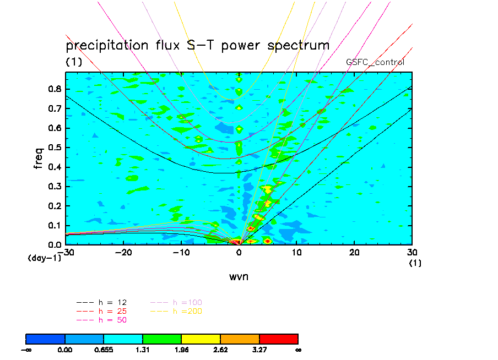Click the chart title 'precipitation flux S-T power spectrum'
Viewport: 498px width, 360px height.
(x=197, y=45)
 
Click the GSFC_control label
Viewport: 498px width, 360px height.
(x=375, y=62)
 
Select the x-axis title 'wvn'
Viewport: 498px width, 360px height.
(x=239, y=276)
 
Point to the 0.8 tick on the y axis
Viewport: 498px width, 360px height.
(x=55, y=89)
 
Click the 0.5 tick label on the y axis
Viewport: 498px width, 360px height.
(x=55, y=148)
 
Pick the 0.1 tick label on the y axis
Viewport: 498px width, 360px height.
(x=55, y=225)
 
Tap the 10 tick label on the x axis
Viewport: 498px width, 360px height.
(x=296, y=252)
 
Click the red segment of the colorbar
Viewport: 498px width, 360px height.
(x=279, y=339)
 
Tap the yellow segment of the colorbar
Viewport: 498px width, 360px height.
(x=201, y=339)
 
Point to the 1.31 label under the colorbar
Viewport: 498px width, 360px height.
(x=143, y=350)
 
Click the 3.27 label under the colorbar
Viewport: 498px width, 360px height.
(x=259, y=350)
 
